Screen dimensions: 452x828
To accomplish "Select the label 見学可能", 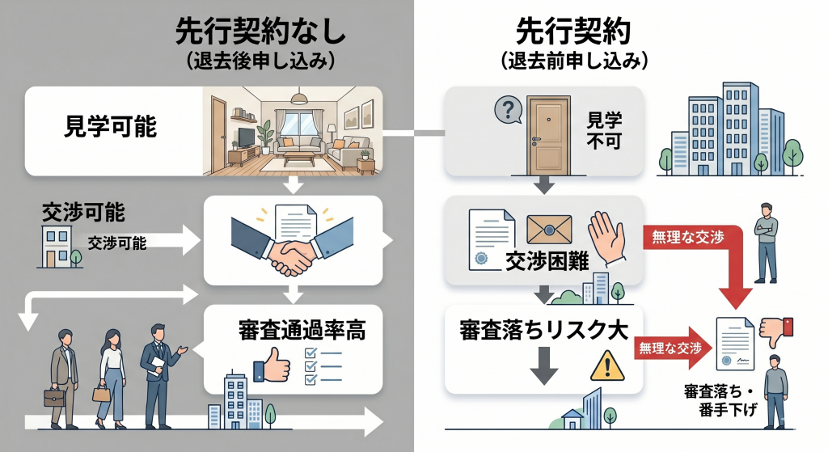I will (x=110, y=129).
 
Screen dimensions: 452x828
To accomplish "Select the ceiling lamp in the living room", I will (x=300, y=98).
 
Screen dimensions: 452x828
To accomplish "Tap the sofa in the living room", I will (x=302, y=147).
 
